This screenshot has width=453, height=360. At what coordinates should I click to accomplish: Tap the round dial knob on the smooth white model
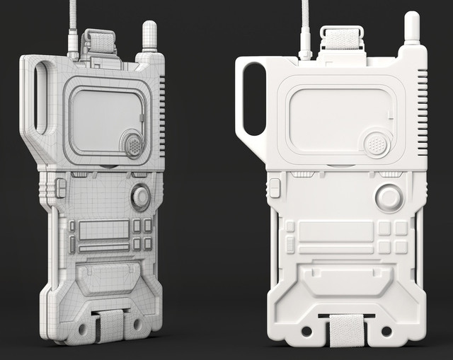(389, 197)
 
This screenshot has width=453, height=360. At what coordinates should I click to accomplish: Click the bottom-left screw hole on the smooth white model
(306, 331)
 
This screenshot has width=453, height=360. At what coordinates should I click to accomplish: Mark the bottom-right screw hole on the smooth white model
(386, 331)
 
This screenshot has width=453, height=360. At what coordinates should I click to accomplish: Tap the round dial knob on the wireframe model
(140, 196)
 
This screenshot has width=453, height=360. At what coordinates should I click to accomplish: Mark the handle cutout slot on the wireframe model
(44, 97)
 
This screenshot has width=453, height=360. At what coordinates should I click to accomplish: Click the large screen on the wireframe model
(103, 120)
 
